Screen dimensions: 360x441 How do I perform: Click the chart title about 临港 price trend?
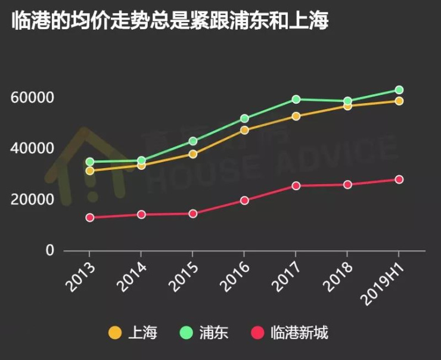click(170, 21)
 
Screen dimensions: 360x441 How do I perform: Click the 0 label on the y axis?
click(50, 251)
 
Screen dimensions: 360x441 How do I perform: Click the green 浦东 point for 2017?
click(296, 99)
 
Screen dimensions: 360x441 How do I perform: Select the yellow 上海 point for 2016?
click(244, 130)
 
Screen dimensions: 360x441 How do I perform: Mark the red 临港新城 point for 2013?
click(90, 218)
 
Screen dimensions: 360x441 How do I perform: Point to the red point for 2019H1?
click(399, 179)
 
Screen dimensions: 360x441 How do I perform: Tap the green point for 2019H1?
click(399, 90)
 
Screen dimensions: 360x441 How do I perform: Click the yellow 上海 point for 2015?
click(193, 154)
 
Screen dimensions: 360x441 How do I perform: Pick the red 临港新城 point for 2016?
click(244, 200)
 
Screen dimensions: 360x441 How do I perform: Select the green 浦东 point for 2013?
click(90, 162)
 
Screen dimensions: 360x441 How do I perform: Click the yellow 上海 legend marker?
click(115, 333)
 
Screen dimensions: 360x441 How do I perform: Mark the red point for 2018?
click(348, 184)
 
